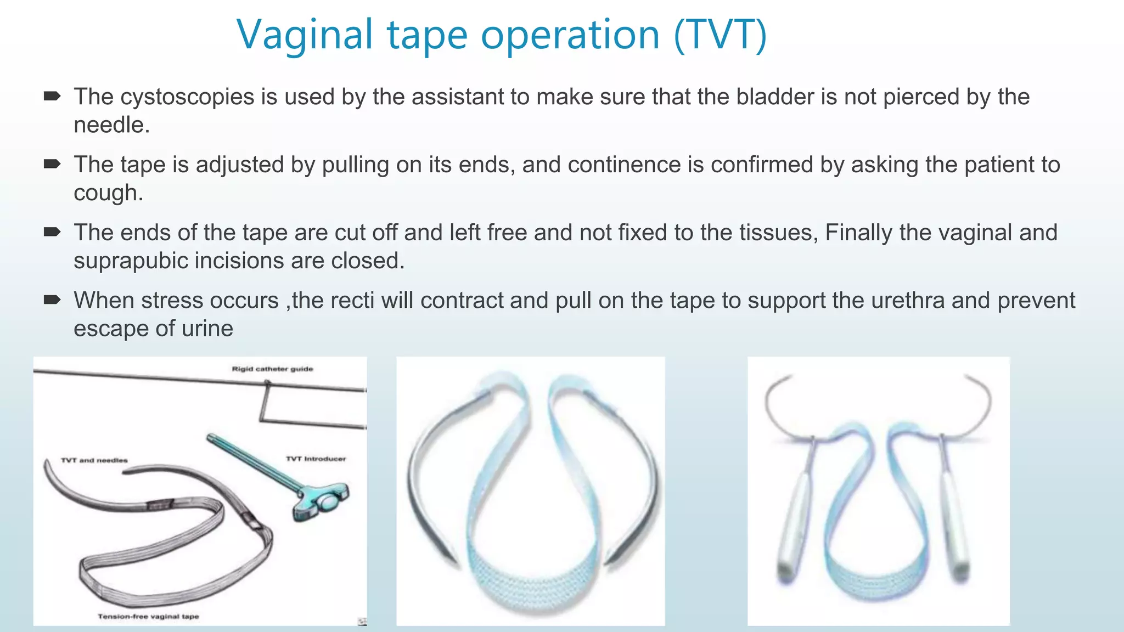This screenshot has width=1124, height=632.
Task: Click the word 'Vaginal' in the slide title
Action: (305, 35)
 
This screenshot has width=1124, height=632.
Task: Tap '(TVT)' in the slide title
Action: (720, 35)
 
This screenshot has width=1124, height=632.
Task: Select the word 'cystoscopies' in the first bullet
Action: (187, 97)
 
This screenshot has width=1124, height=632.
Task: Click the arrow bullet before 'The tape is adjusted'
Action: (52, 164)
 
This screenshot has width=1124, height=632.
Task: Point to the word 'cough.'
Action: (109, 193)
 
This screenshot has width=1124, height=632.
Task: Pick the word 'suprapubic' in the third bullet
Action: (131, 261)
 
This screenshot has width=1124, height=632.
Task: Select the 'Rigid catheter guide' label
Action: (272, 369)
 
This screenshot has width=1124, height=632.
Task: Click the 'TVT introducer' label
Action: (316, 459)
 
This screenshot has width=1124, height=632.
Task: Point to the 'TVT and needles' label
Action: (94, 460)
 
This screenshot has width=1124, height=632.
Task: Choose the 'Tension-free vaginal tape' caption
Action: (148, 617)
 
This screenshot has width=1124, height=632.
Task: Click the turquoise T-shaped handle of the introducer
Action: (321, 500)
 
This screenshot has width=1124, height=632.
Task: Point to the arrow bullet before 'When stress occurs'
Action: (52, 300)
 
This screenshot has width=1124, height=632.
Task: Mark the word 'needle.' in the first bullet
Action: (112, 125)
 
